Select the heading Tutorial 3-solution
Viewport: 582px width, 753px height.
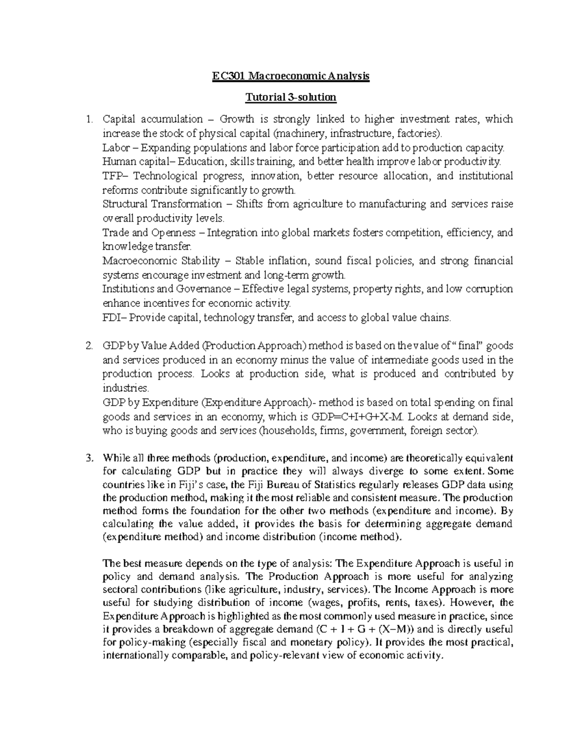[291, 97]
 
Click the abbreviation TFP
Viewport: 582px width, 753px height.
[111, 176]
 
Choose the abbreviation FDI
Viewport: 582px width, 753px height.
[111, 318]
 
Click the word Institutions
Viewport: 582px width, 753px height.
[129, 289]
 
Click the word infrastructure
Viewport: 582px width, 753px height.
[356, 134]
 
